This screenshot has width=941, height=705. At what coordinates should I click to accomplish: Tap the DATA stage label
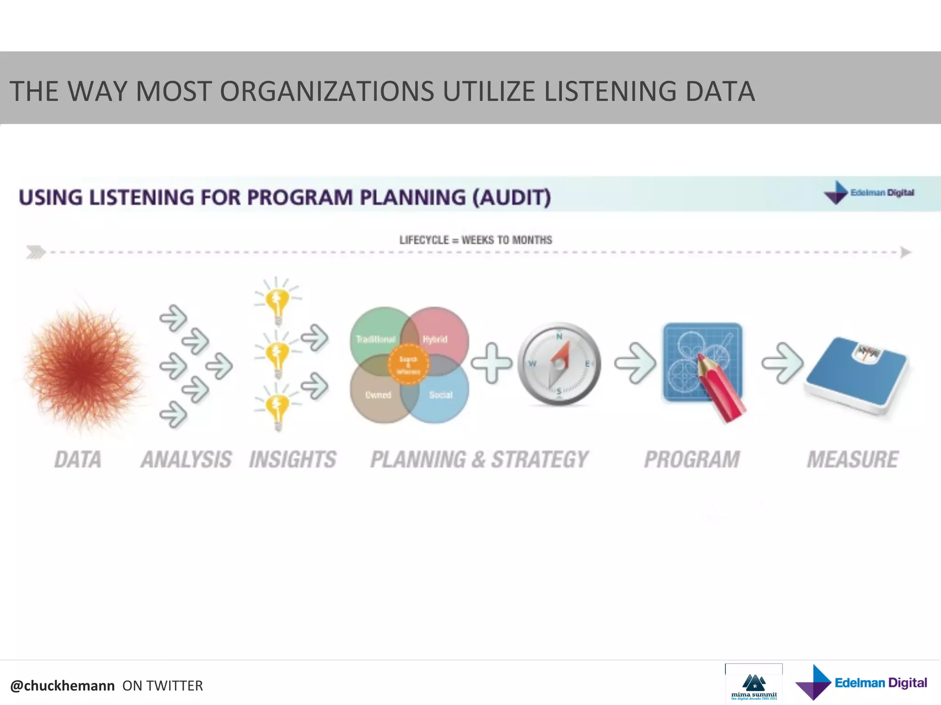(x=78, y=459)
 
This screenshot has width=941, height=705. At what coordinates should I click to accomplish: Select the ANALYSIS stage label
(x=186, y=459)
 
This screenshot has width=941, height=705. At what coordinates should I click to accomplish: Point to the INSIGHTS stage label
(x=293, y=459)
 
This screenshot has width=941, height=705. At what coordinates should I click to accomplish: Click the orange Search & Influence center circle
(x=408, y=365)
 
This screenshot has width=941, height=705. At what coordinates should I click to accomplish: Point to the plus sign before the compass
(x=491, y=363)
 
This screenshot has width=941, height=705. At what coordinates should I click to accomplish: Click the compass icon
(x=559, y=364)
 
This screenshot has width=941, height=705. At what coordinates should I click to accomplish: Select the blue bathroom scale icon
(x=856, y=375)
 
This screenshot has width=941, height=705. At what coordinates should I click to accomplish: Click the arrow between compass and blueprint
(x=635, y=363)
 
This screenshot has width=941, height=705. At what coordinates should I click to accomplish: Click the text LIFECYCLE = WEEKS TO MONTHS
(x=476, y=240)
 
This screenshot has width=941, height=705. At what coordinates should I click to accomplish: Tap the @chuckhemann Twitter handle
(x=62, y=686)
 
